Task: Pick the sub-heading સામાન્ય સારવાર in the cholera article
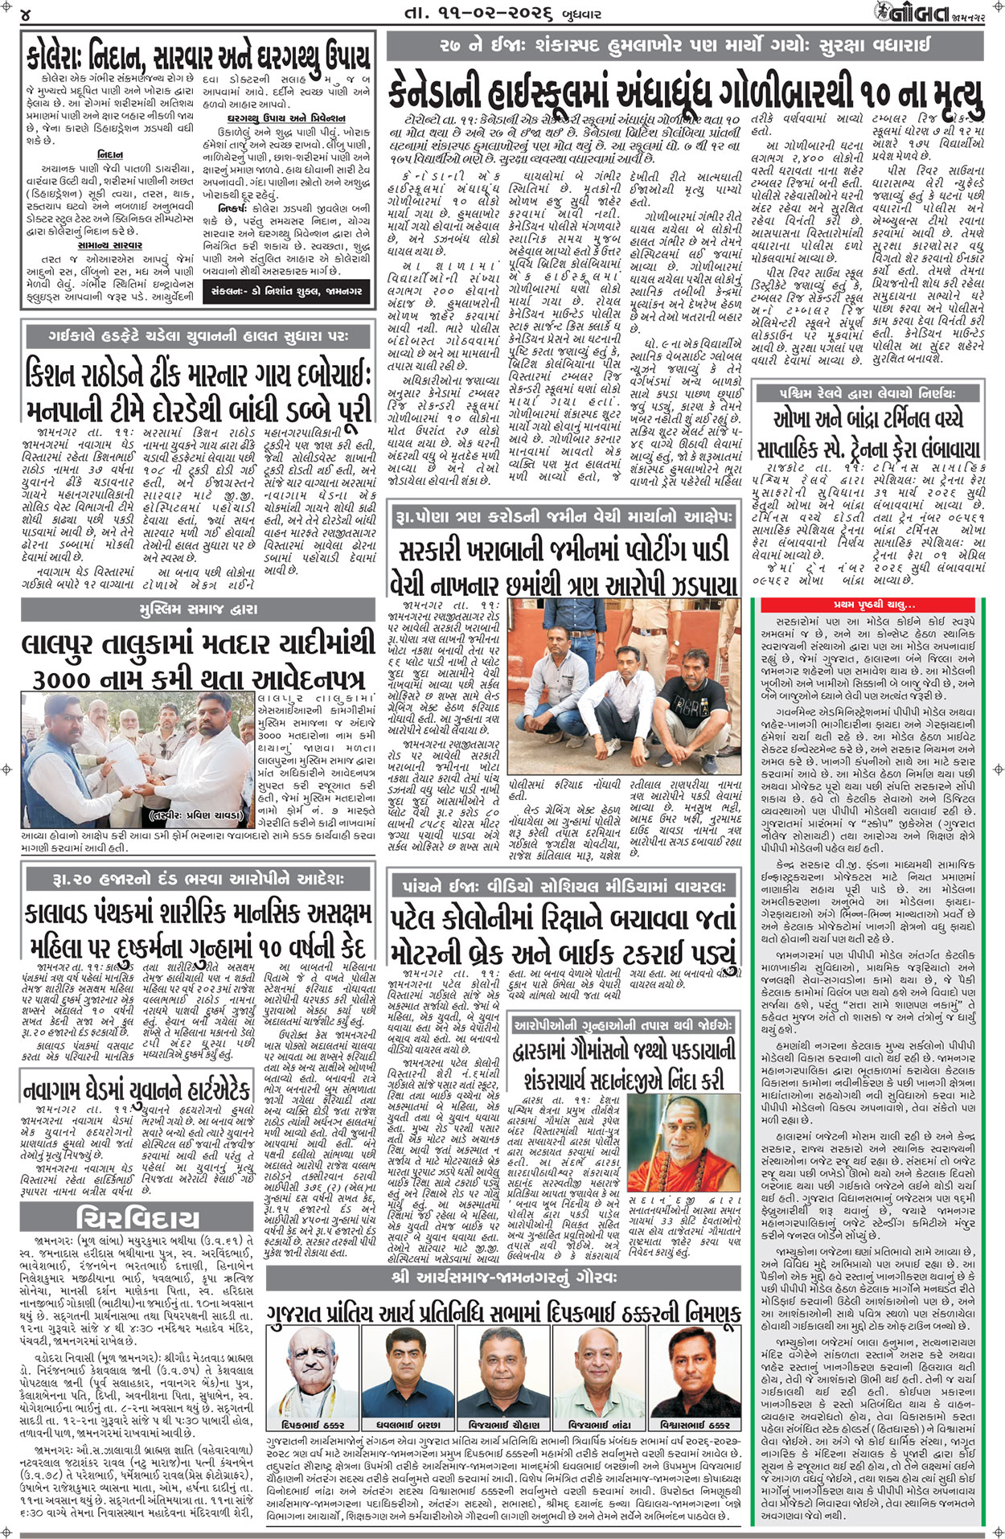(x=110, y=244)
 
